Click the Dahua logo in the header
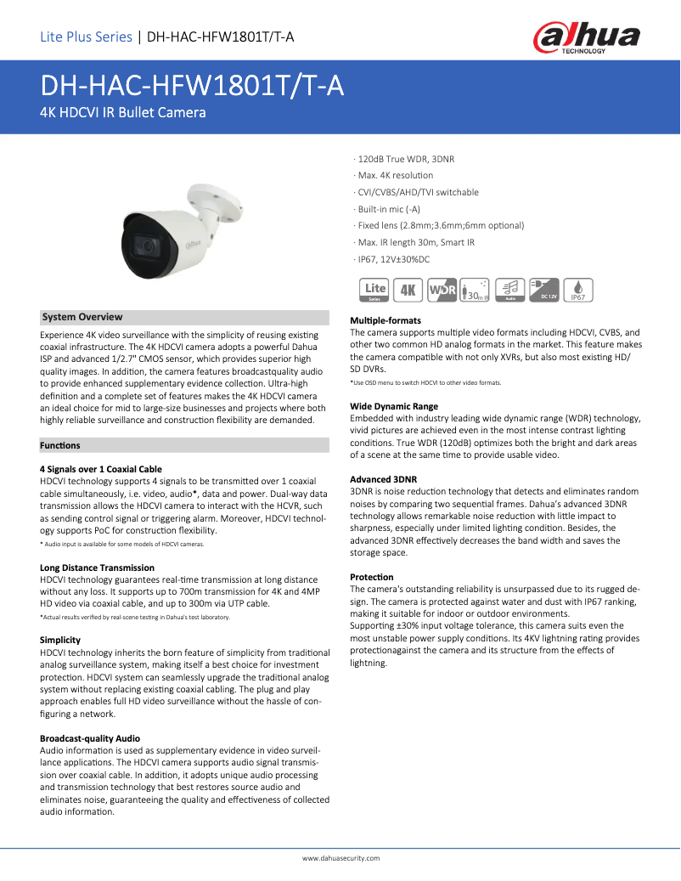(587, 37)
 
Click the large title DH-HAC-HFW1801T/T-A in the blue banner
(192, 86)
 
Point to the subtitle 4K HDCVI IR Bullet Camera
(123, 112)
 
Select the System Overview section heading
(82, 317)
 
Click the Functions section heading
(60, 445)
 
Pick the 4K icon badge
(408, 290)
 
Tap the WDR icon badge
(442, 290)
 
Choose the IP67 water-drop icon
(577, 290)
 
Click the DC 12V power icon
(543, 290)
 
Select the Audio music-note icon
(510, 290)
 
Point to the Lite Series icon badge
(374, 290)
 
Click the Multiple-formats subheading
(386, 320)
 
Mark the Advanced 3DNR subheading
(384, 479)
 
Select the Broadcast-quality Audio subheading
(90, 738)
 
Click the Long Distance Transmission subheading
(97, 568)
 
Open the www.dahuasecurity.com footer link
(341, 859)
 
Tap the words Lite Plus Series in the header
(86, 37)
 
